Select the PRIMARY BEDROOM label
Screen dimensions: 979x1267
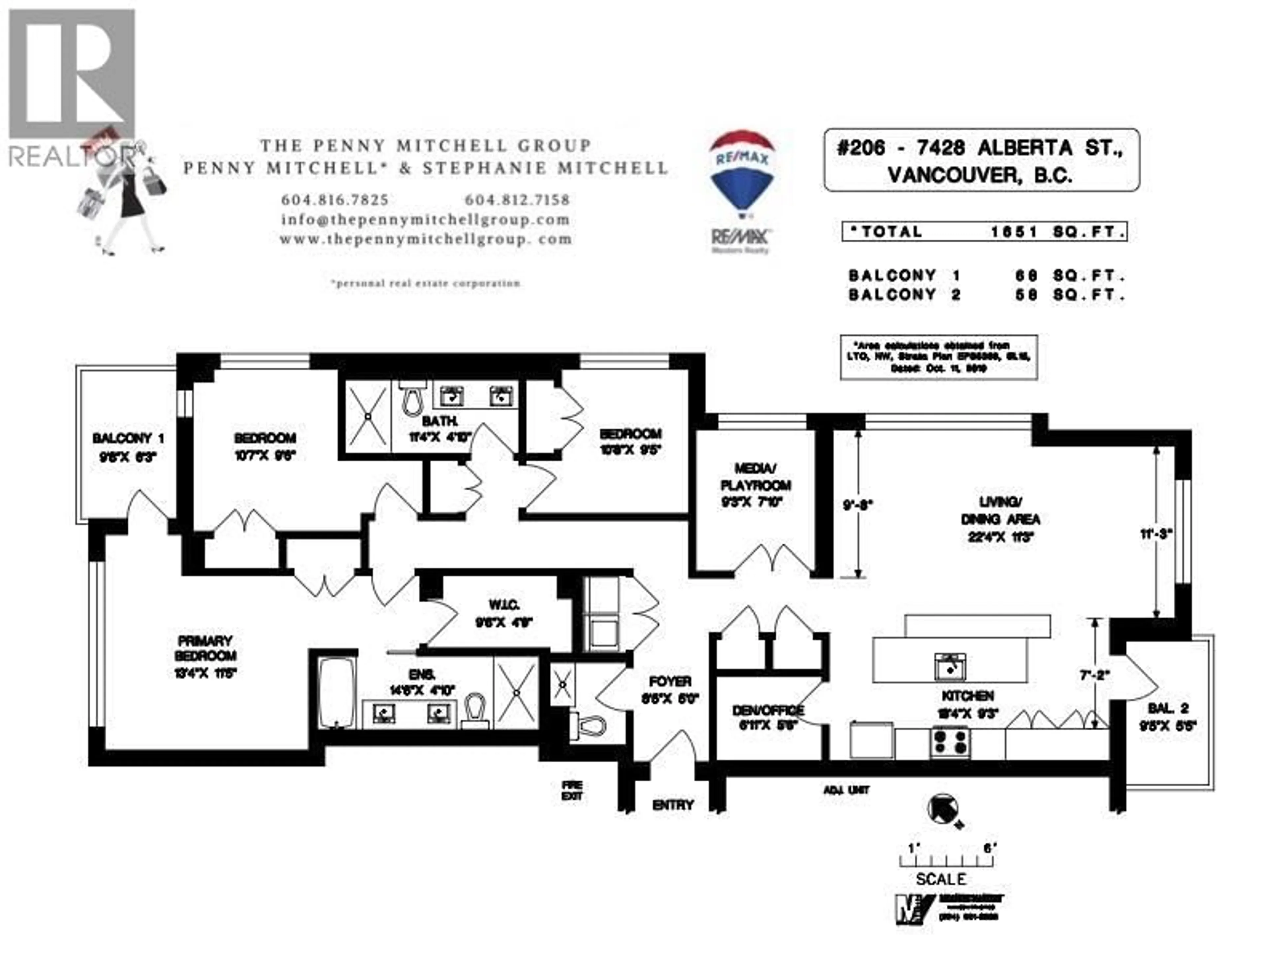(x=205, y=648)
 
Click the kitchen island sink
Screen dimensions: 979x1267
(x=950, y=665)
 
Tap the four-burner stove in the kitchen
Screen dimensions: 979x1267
(x=950, y=742)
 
